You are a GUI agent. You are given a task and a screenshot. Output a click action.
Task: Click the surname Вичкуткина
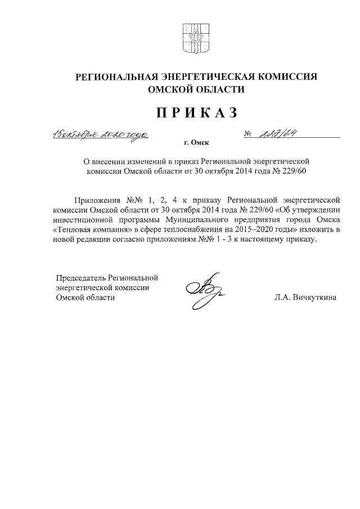pyautogui.click(x=316, y=298)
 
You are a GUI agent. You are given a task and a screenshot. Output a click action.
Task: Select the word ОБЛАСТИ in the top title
pyautogui.click(x=222, y=90)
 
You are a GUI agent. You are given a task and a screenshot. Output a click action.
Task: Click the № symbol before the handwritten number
pyautogui.click(x=247, y=134)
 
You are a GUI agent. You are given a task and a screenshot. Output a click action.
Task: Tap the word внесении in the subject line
pyautogui.click(x=112, y=162)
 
